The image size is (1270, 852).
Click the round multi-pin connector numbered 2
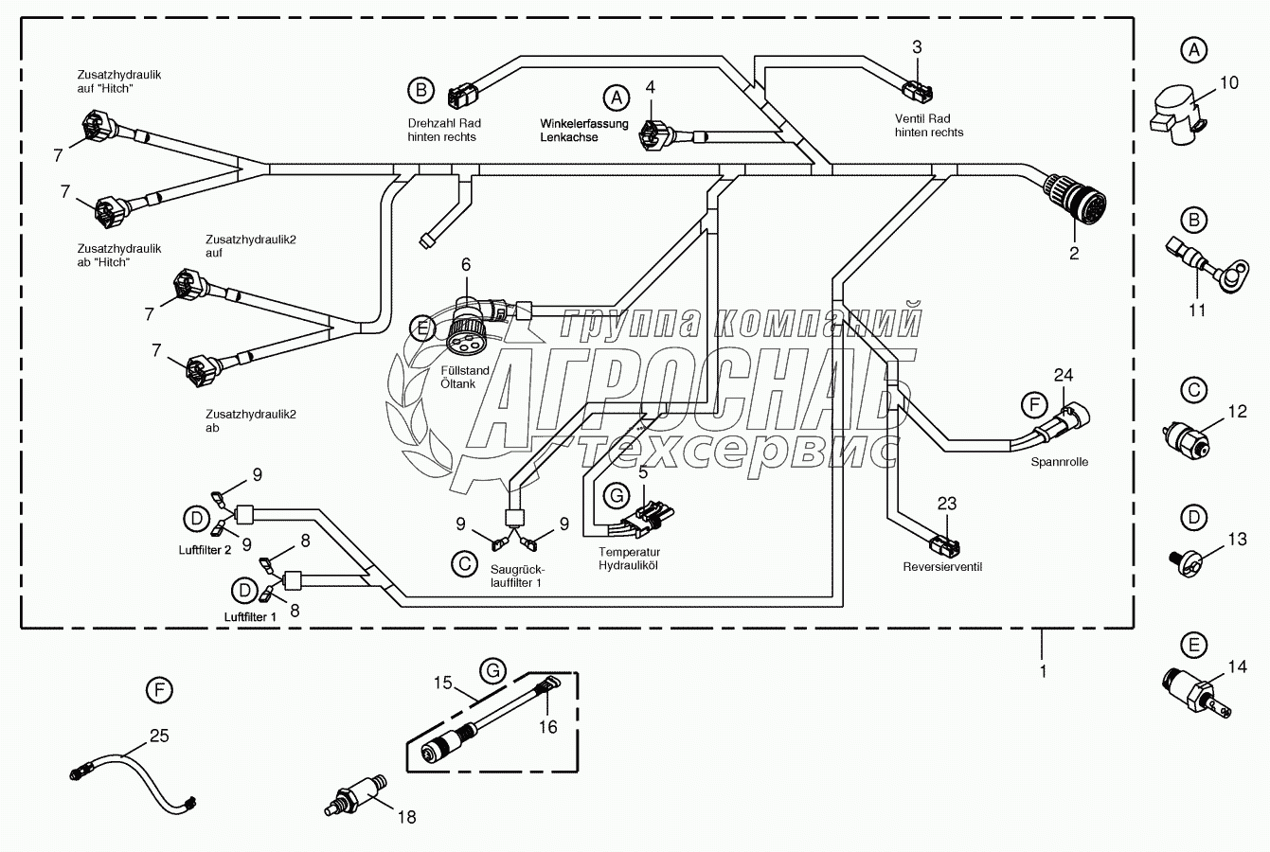point(1076,196)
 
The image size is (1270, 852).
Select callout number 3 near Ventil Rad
point(917,46)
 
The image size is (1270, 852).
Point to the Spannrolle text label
point(1060,462)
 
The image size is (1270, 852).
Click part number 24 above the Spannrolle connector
point(1064,374)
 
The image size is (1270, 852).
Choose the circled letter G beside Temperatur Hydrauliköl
point(616,495)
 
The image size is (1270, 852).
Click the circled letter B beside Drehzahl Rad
point(420,91)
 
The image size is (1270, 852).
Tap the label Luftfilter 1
point(251,616)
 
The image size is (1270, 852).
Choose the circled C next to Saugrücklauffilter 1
point(464,564)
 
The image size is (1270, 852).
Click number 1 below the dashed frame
point(1043,671)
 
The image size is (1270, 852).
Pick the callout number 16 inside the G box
point(548,726)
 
